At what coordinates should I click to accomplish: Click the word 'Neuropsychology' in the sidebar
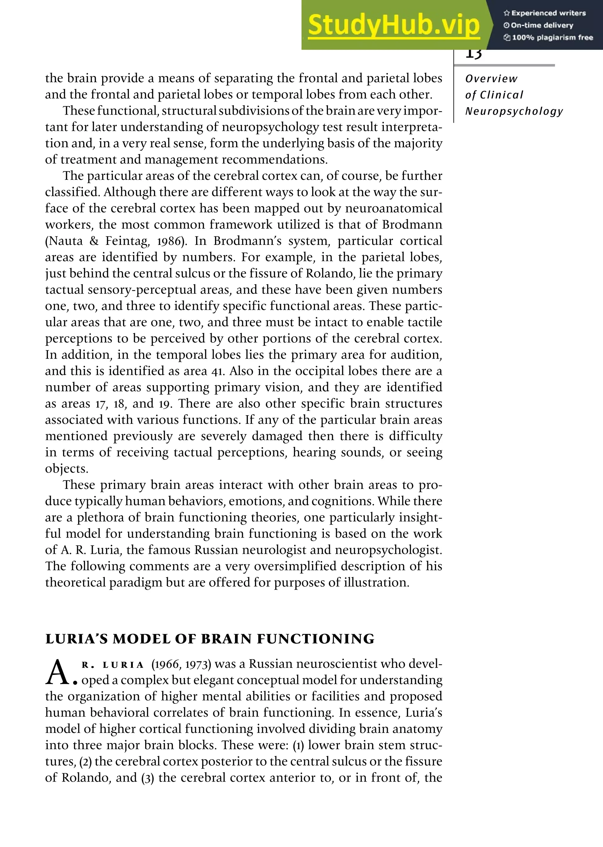click(x=514, y=111)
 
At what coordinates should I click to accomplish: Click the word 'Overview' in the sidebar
click(x=491, y=79)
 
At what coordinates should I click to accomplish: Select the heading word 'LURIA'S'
click(x=77, y=639)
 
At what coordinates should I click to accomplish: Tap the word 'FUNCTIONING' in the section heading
click(x=316, y=639)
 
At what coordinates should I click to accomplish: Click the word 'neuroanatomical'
click(x=394, y=208)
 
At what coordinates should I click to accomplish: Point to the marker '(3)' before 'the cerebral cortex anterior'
click(x=148, y=777)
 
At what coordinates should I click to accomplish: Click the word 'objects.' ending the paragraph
click(x=67, y=469)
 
